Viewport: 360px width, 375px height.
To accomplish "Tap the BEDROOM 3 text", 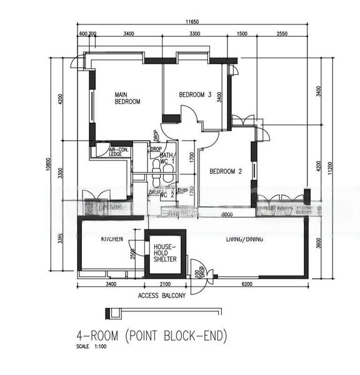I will (x=195, y=95).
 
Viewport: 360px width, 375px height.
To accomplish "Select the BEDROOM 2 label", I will (x=226, y=171).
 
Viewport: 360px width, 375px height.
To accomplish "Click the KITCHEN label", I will (x=111, y=239).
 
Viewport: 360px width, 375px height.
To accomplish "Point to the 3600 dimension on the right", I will (x=319, y=243).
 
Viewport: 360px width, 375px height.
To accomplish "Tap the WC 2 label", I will (x=167, y=194).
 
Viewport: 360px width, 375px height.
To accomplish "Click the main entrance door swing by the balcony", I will (x=199, y=276).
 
